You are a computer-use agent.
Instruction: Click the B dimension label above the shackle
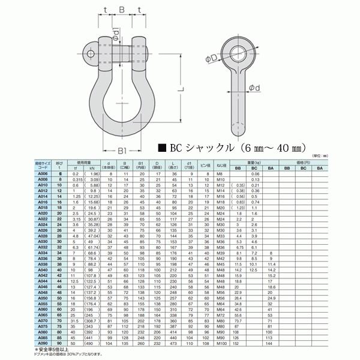(121, 10)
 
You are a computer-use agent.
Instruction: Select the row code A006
(42, 173)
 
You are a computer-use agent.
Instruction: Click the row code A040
(42, 271)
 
